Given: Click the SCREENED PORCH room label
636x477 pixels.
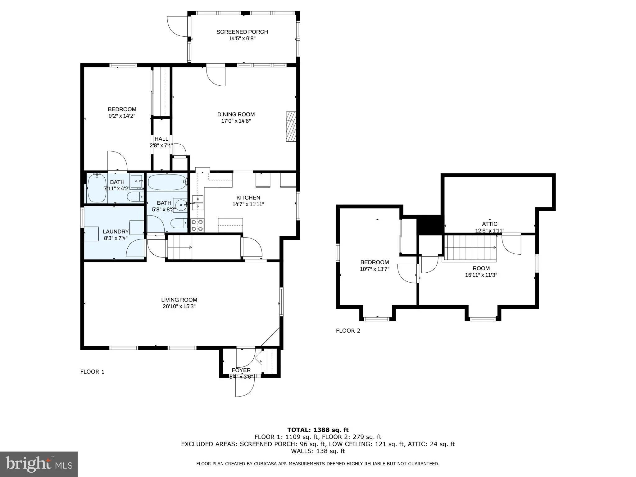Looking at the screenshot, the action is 242,32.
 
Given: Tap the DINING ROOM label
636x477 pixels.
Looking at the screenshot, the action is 236,114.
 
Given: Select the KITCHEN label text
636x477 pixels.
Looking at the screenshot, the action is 248,198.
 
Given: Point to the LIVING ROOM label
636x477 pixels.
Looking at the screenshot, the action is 179,300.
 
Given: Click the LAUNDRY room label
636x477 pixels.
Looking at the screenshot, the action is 116,231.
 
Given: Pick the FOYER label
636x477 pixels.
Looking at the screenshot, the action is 241,370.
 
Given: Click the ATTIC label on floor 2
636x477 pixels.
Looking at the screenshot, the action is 490,224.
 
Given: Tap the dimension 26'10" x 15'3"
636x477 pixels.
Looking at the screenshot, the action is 179,307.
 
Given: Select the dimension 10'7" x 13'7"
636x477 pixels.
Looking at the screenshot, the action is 375,269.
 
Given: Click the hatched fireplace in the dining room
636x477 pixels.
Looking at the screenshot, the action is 291,126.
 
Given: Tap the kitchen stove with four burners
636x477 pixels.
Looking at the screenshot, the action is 197,225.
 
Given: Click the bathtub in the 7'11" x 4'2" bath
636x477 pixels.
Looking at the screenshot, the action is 97,189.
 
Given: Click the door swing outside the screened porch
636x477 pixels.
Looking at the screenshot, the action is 178,27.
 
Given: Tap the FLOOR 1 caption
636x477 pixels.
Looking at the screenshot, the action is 92,372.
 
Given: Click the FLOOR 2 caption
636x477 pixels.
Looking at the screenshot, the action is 348,331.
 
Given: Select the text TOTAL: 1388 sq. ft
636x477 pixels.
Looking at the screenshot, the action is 318,430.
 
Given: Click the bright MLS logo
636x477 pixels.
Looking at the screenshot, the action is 39,464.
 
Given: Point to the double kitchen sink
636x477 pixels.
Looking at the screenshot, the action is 198,202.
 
